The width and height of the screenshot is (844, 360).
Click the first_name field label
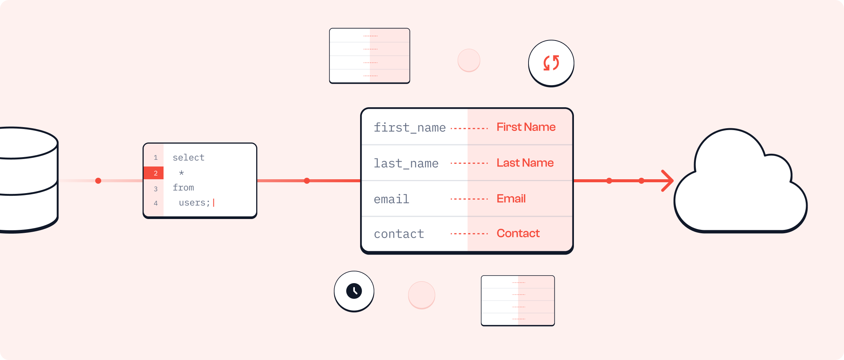point(410,127)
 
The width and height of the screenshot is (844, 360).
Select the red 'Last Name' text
point(525,163)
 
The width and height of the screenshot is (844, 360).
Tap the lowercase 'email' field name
point(391,199)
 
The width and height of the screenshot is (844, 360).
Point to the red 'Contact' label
point(518,233)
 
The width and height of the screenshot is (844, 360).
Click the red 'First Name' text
point(526,127)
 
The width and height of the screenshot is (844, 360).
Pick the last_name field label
point(406,163)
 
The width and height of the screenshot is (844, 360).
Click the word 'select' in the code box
point(188,157)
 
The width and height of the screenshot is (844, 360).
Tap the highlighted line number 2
point(155,173)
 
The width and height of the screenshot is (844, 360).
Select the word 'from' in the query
point(183,187)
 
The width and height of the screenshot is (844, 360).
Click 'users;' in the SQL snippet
point(194,203)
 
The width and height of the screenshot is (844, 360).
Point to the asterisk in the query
point(182,173)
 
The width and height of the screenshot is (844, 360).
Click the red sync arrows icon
point(551,63)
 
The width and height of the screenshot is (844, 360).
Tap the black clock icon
point(354,291)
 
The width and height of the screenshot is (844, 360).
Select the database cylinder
point(26,180)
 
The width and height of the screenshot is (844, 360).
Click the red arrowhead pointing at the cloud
point(668,181)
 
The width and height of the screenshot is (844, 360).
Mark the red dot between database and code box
point(98,181)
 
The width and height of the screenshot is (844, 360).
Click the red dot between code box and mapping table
point(307,181)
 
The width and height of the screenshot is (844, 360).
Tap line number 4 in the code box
point(155,203)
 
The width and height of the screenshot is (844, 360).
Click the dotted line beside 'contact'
point(469,234)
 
